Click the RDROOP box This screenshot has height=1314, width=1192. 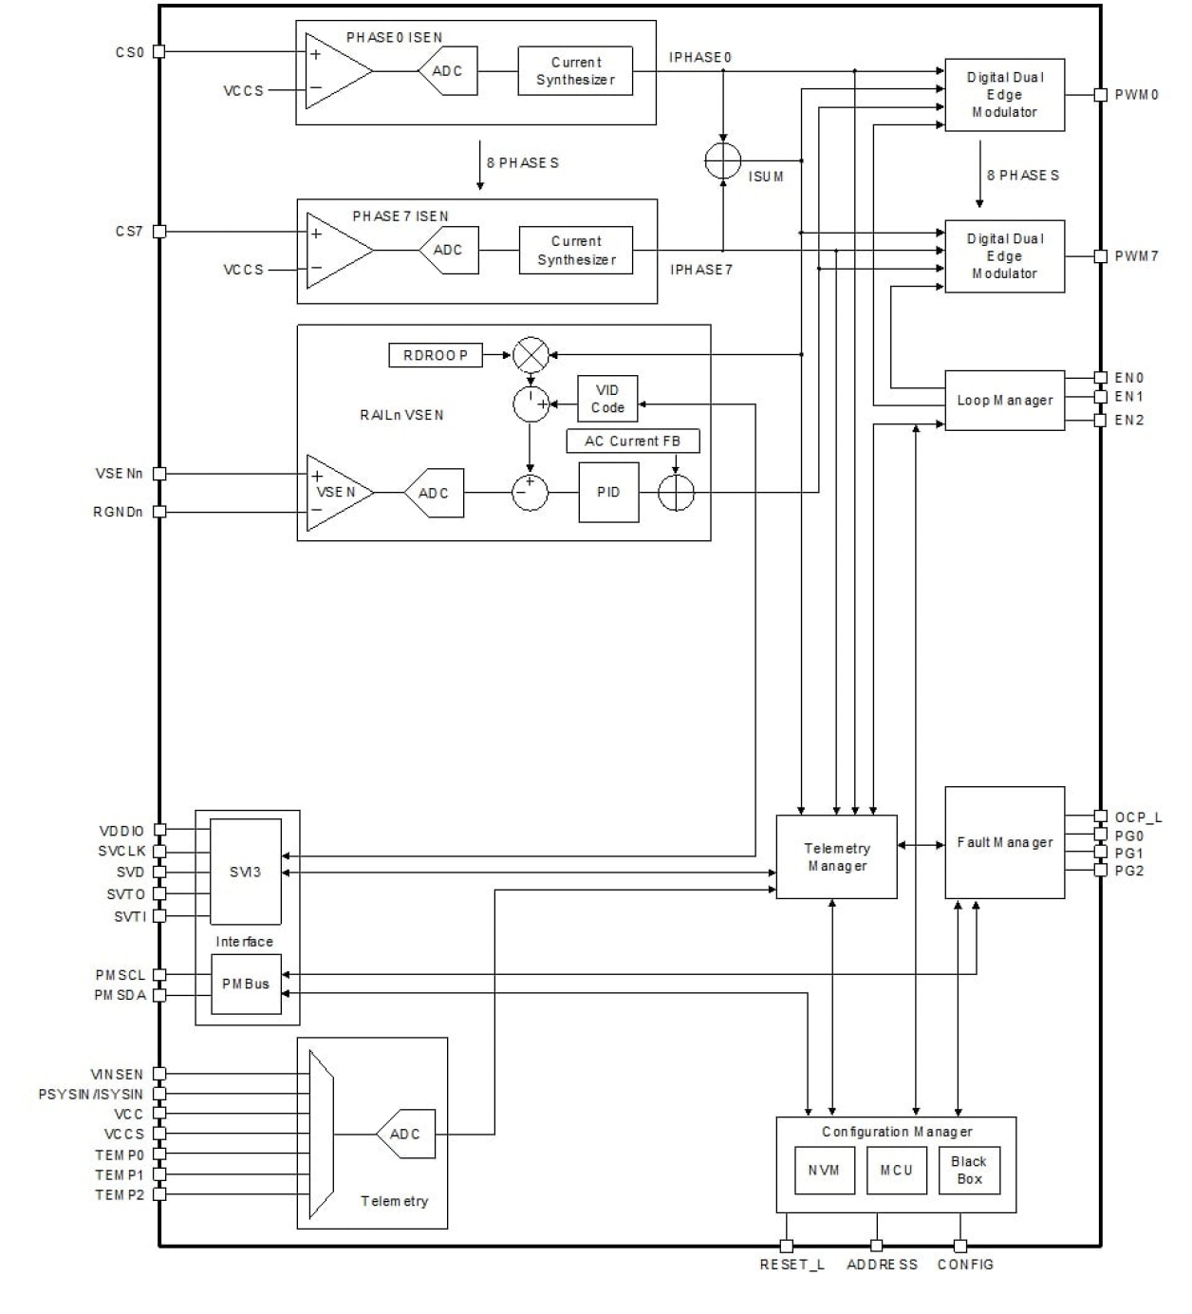[436, 355]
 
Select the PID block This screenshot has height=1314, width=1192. [608, 492]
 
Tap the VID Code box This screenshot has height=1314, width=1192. [607, 399]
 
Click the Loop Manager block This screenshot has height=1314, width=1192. [1004, 401]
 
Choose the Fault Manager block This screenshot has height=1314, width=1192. [1004, 842]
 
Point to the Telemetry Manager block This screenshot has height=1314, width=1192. [836, 856]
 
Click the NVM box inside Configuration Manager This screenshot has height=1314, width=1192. [824, 1170]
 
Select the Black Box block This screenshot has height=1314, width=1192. [969, 1170]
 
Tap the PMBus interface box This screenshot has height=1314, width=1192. [246, 984]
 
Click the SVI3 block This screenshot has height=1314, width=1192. [245, 872]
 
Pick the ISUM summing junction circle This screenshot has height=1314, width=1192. [723, 160]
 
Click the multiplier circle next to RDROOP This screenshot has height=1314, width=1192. [531, 355]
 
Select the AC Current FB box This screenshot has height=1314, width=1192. [633, 441]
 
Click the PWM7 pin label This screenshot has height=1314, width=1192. [1136, 256]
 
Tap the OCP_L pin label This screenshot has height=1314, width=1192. [1138, 817]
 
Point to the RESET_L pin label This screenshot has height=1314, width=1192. [792, 1265]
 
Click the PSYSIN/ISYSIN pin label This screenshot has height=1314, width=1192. [91, 1094]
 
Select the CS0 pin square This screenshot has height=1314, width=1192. [159, 51]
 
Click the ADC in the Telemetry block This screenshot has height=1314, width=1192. [405, 1134]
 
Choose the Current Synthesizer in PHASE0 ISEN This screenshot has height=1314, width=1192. [575, 71]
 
